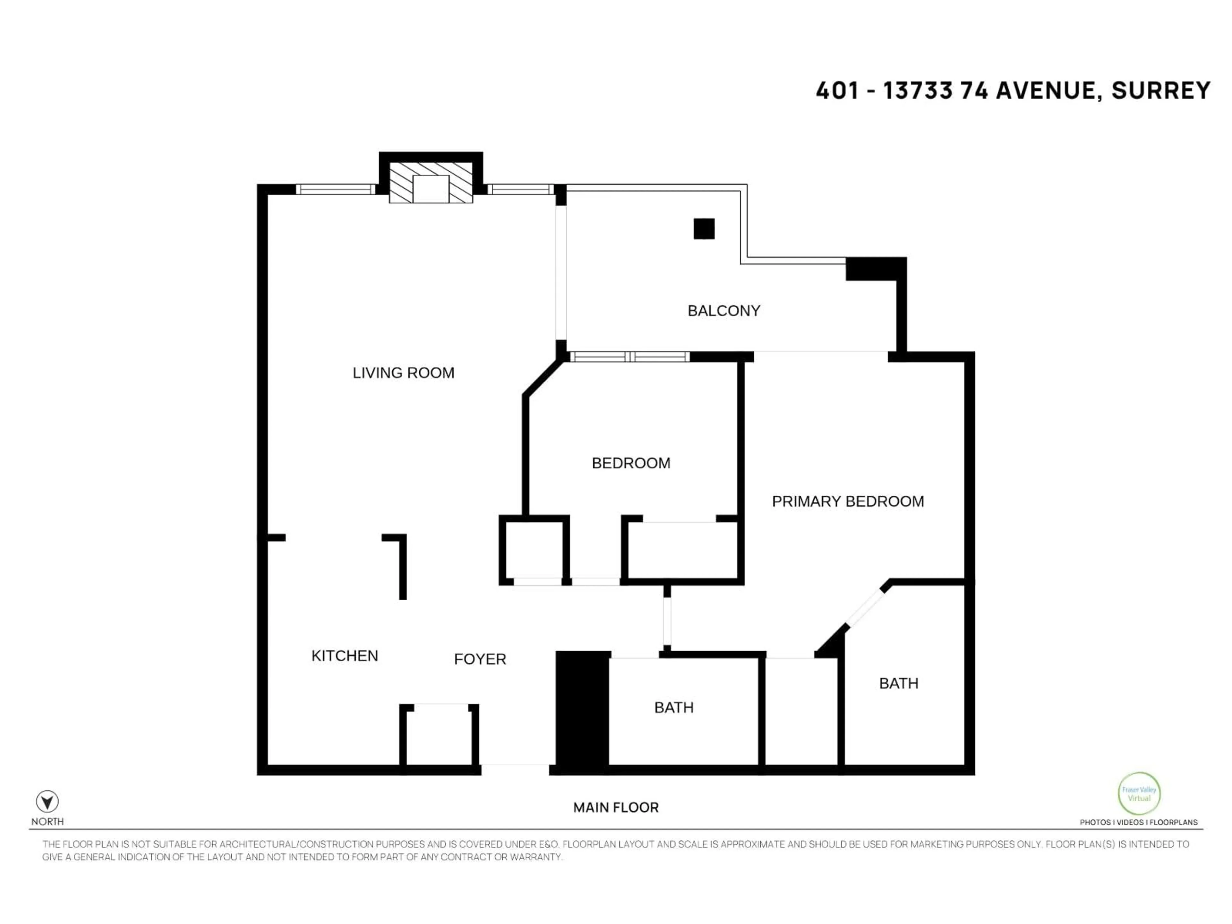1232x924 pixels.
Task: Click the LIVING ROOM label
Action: click(403, 372)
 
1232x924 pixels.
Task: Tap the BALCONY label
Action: click(723, 311)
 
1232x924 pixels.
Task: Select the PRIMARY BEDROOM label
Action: click(848, 501)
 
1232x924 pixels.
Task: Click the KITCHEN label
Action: click(344, 655)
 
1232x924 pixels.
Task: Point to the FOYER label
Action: click(480, 659)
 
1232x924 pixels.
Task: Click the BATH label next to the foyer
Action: click(673, 707)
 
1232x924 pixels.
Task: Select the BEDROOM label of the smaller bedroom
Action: click(630, 463)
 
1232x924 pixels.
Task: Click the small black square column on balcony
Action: click(704, 229)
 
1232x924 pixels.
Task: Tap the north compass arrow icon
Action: click(47, 801)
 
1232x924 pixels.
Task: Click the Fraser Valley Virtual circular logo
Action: click(1139, 794)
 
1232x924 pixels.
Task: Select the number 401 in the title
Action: click(837, 90)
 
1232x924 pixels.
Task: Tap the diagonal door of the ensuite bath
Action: click(865, 607)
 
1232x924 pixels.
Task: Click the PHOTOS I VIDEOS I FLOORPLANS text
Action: click(1138, 822)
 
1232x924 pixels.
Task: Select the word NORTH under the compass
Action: click(47, 822)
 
